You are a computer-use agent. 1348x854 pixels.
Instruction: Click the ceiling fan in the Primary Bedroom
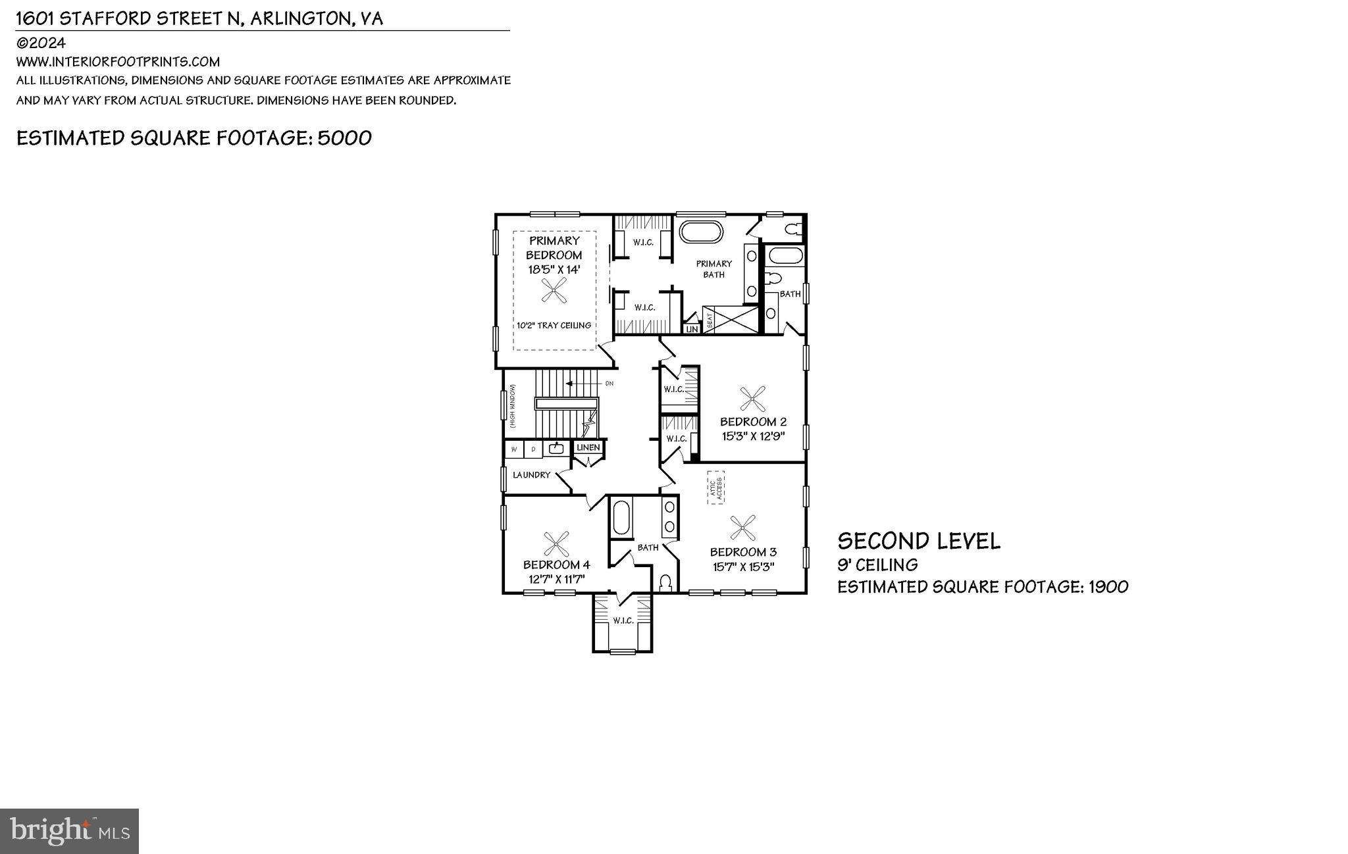click(x=554, y=289)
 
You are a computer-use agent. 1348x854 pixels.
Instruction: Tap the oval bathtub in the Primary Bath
click(x=701, y=232)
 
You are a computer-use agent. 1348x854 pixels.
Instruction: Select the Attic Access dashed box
click(x=716, y=488)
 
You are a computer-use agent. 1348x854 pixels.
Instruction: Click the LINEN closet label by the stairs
click(x=588, y=447)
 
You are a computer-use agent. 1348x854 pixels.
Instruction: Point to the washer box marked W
click(x=514, y=449)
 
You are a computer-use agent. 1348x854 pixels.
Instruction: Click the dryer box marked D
click(x=534, y=449)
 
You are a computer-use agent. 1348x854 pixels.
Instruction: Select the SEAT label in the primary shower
click(x=710, y=320)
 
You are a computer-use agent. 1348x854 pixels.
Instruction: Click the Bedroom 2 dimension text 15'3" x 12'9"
click(x=753, y=436)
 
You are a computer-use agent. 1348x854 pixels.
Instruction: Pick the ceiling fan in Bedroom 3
click(x=742, y=526)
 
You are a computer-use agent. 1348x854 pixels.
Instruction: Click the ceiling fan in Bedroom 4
click(x=557, y=544)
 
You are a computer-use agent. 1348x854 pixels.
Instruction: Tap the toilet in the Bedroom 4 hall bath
click(x=665, y=583)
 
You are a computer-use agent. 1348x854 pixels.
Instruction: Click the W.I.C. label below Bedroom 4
click(x=623, y=620)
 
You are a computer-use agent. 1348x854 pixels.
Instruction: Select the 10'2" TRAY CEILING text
click(x=554, y=325)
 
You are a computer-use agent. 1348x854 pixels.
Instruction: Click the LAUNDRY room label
click(x=531, y=475)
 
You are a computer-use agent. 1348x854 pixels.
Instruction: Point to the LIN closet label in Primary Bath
click(x=692, y=329)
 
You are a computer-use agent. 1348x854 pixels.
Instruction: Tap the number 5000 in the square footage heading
click(x=344, y=138)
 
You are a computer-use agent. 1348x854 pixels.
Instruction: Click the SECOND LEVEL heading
click(x=918, y=541)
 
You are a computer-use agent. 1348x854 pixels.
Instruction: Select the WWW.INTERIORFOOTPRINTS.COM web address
click(x=118, y=62)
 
